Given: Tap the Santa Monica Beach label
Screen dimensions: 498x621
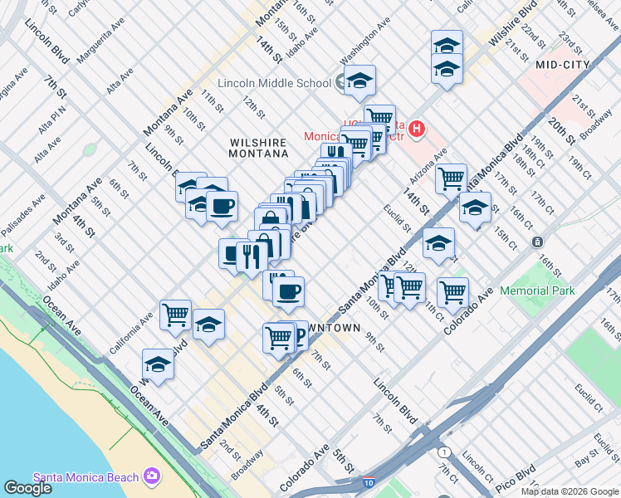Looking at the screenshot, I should point(86,476).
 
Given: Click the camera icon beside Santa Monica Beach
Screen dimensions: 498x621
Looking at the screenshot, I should point(152,476).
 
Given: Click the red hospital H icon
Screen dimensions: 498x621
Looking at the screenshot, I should point(417,129).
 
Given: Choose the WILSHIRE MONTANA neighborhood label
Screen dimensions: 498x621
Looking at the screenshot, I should point(259,148).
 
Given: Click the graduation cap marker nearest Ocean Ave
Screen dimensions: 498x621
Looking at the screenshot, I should point(158,364).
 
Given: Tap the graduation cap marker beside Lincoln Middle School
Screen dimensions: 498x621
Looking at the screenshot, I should point(359,81).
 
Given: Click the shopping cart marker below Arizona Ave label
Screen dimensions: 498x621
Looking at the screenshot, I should point(451,178).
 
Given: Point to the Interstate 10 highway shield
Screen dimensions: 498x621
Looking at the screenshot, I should point(368,482).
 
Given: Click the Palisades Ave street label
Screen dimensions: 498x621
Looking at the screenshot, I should point(22,217).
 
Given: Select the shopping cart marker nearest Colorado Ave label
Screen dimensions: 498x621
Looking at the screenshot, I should point(452,291).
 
